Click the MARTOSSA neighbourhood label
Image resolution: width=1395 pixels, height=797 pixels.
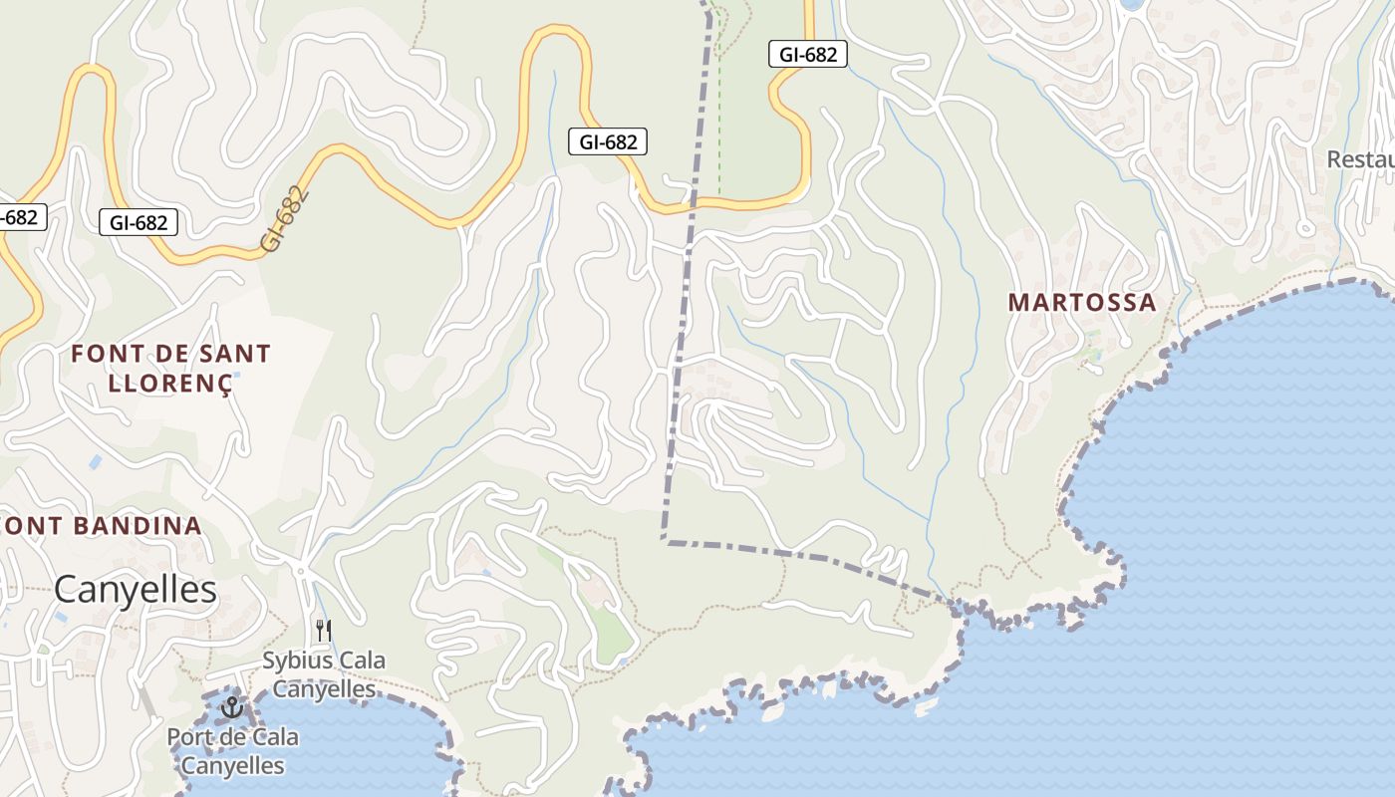click(1082, 302)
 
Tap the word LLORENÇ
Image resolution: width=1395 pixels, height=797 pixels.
click(169, 383)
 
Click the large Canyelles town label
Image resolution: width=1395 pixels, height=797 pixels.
click(135, 590)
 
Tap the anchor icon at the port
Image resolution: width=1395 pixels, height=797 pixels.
click(232, 707)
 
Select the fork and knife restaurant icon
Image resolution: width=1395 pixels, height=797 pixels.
click(323, 630)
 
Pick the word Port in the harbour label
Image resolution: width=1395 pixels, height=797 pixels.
click(189, 738)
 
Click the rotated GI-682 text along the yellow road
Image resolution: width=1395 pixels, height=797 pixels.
click(284, 217)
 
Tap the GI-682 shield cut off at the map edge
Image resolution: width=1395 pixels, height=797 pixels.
click(18, 216)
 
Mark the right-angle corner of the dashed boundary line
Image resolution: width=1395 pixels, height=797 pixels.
click(664, 540)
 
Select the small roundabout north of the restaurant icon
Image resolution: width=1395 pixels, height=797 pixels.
click(300, 570)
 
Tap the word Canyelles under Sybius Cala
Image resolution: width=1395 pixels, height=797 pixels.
click(324, 688)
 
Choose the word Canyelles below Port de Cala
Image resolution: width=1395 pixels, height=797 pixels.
click(233, 766)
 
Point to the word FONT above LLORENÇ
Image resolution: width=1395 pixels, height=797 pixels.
click(103, 354)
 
